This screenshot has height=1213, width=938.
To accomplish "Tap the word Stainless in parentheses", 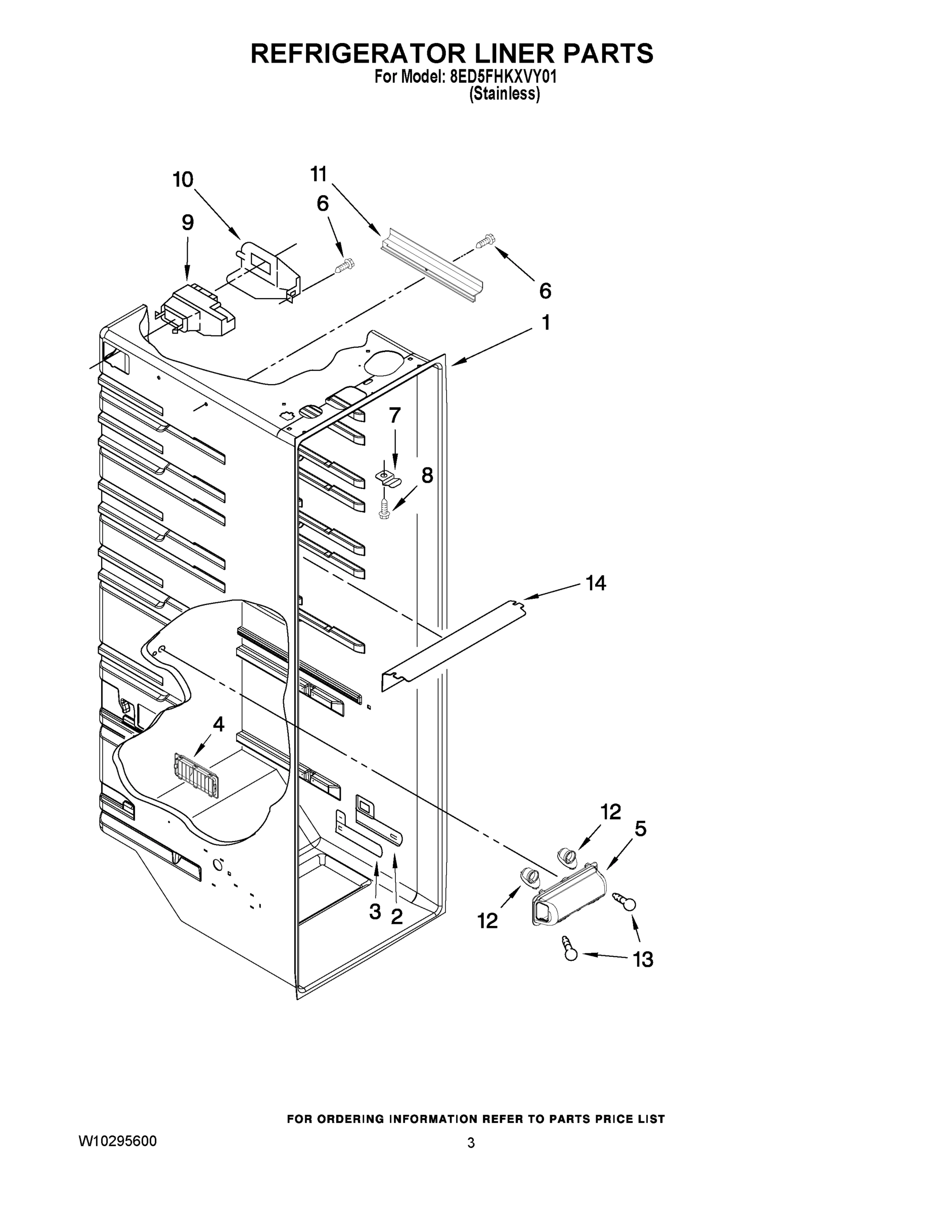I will pyautogui.click(x=505, y=94).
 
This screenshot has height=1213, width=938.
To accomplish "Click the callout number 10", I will pyautogui.click(x=183, y=180).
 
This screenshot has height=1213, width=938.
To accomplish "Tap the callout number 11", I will pyautogui.click(x=319, y=174).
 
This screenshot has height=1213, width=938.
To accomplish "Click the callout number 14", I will pyautogui.click(x=595, y=583).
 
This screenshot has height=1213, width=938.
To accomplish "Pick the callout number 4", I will pyautogui.click(x=219, y=724).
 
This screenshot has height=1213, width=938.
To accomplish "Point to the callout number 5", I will pyautogui.click(x=640, y=829).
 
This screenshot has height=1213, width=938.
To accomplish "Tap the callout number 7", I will pyautogui.click(x=394, y=415).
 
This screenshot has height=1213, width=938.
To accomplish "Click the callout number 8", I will pyautogui.click(x=427, y=476).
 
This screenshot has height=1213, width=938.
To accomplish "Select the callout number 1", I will pyautogui.click(x=546, y=322).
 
